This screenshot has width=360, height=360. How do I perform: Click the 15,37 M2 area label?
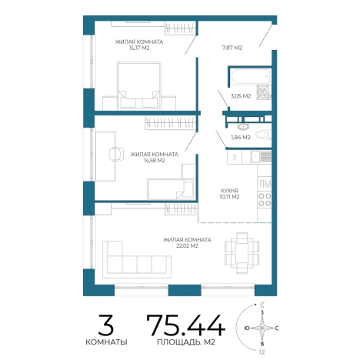coord(139,48)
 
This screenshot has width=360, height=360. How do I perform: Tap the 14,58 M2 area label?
coord(155,161)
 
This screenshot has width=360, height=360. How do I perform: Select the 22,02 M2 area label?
coord(187,246)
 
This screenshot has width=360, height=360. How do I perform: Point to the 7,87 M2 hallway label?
coord(232,48)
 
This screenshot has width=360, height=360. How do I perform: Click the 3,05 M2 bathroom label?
coord(241,96)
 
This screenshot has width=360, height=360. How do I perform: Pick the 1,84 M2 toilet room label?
coord(241,138)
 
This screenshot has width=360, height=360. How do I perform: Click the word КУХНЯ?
coord(229,191)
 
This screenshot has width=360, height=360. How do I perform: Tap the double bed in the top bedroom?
coord(139,86)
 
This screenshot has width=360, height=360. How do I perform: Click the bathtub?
coord(251,76)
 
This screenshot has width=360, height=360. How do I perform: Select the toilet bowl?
coord(264,135)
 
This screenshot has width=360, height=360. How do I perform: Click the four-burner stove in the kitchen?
coord(265,200)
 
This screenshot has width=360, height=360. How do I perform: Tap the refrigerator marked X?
coord(235,157)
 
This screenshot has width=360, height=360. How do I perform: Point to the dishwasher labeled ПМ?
coord(265,184)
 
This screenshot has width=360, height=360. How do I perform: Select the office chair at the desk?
coord(116,154)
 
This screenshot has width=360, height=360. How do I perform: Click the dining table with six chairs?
coord(242,253)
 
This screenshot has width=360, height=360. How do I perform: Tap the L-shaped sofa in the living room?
coord(137,259)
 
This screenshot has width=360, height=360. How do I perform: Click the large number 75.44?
coord(186,325)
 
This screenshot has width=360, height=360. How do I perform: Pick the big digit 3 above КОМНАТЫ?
coord(106,325)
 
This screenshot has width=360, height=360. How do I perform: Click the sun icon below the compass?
coord(262,352)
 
